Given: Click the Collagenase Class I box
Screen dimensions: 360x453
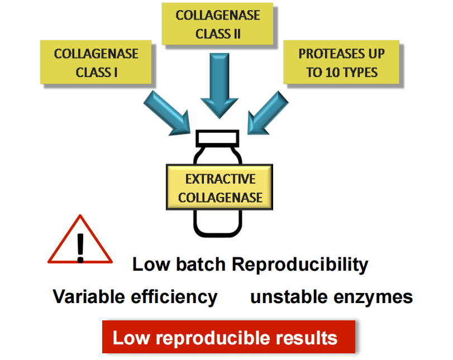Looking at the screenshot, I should point(96,63).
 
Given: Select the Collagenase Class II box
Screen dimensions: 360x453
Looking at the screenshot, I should point(218,23).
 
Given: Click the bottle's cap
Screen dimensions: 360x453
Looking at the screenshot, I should point(218,137).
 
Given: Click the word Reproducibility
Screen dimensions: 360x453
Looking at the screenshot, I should point(300,264).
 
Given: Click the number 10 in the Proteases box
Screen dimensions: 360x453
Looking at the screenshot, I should point(326,73).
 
